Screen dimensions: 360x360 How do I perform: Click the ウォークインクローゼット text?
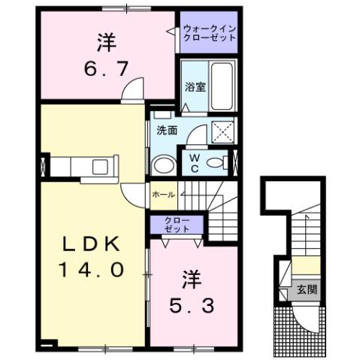tap(208, 32)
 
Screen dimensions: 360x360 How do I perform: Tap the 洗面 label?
tap(166, 129)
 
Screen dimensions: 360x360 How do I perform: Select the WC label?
tap(194, 162)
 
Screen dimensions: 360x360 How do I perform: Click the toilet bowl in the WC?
tap(217, 162)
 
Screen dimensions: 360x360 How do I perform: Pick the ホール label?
tap(164, 195)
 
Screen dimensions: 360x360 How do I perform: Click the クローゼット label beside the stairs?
tap(177, 224)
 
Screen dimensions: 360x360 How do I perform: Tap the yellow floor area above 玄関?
tap(305, 265)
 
